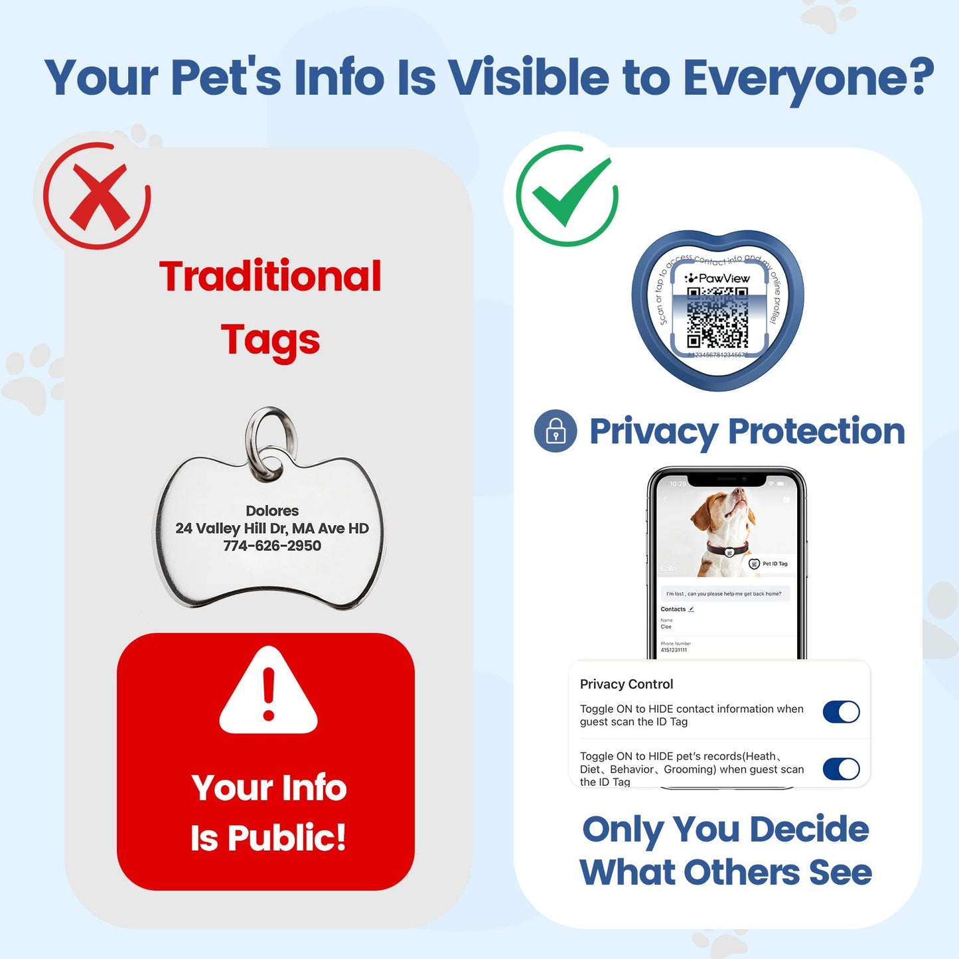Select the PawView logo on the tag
[717, 278]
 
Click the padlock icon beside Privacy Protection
[555, 431]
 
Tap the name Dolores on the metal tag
[272, 510]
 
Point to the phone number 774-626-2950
[272, 546]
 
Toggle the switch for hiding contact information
[841, 712]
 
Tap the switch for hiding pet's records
[841, 769]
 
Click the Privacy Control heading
[627, 684]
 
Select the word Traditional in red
[270, 276]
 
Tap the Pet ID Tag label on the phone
[774, 563]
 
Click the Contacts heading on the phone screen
[673, 609]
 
